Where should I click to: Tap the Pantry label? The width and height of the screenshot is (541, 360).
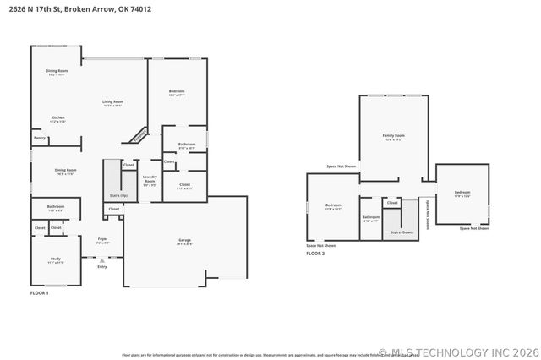(40, 138)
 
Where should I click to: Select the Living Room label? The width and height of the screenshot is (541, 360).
(113, 102)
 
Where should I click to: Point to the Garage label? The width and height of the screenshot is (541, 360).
(184, 241)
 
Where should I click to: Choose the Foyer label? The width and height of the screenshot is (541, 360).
(102, 239)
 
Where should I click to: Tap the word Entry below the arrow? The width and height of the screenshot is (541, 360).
(102, 267)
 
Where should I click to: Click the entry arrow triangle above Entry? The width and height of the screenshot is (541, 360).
(102, 260)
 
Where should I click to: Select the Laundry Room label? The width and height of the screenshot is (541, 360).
(150, 180)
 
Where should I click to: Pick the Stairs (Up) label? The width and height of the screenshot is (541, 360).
(119, 195)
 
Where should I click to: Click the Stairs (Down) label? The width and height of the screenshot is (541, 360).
(402, 232)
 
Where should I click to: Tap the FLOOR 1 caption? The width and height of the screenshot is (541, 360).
(40, 292)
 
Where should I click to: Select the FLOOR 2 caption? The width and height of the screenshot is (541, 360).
(315, 254)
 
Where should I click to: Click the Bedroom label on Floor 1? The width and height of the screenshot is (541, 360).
(177, 91)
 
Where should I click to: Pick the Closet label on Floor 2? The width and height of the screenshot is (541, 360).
(392, 203)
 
